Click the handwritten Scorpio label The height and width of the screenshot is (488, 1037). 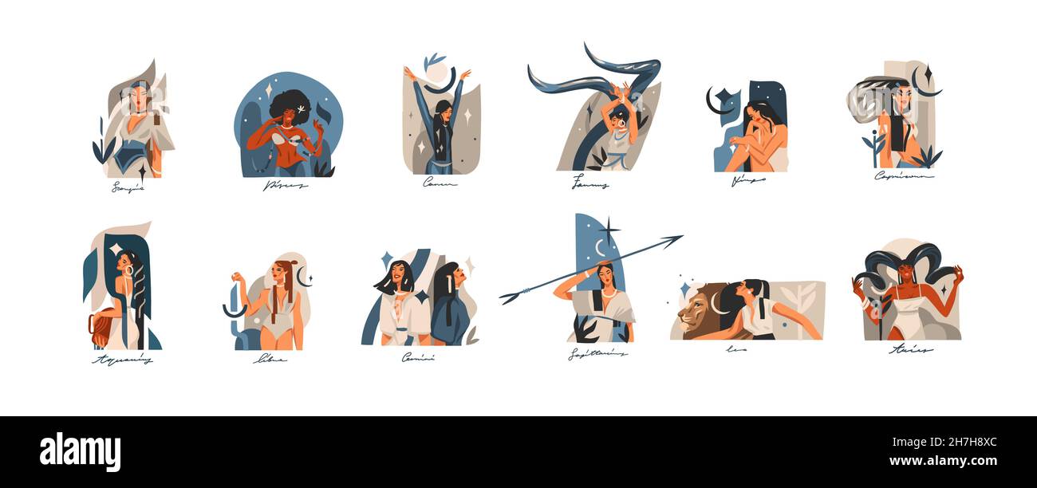tap(128, 188)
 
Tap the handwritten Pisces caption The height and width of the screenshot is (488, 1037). tap(285, 186)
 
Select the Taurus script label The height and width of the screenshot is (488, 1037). tap(589, 185)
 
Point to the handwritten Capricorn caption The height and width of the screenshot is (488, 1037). tap(903, 175)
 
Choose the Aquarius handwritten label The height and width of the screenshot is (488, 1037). tap(122, 360)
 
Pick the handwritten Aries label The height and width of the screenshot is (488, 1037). tap(911, 349)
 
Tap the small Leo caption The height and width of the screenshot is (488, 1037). tap(735, 348)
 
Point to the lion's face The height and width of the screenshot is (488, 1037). tap(692, 313)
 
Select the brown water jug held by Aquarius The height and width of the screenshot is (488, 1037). tap(101, 329)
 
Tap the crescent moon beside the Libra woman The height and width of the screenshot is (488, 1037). tap(302, 277)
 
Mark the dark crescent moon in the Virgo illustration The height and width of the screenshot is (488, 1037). tap(712, 101)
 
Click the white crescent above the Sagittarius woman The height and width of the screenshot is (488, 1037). tap(600, 249)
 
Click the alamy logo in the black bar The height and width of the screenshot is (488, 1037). tap(80, 451)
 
